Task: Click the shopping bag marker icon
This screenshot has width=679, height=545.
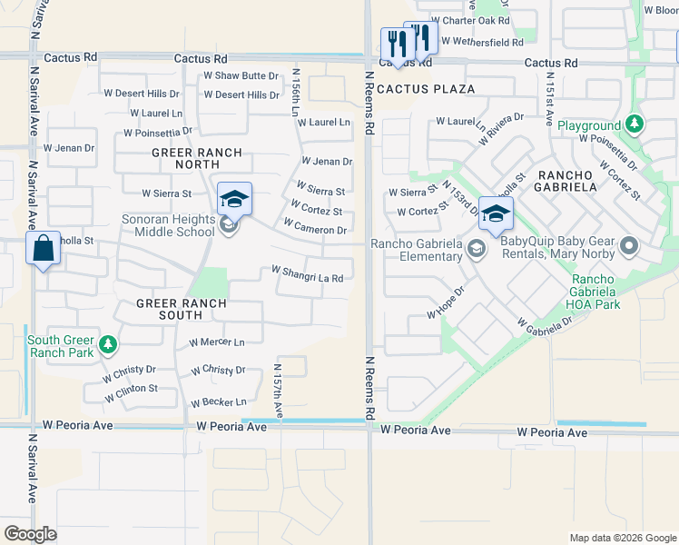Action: pos(44,248)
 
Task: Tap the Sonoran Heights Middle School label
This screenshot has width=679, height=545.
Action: pos(169,226)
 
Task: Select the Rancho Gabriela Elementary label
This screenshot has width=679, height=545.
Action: pos(417,250)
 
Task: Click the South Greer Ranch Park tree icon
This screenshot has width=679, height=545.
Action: pos(108,344)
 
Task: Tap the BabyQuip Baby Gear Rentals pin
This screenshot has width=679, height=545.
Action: pos(628,246)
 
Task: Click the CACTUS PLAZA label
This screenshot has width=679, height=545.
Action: pos(426,89)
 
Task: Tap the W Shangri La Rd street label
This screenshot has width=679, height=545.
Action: pos(308,273)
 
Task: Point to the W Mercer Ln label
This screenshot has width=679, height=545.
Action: pos(217,342)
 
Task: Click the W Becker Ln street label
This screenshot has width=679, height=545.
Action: pos(218,401)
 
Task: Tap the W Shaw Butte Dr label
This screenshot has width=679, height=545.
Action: pos(241,76)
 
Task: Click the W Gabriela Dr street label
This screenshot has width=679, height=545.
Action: pos(545,322)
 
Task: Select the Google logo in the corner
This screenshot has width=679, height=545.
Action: pos(31,534)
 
